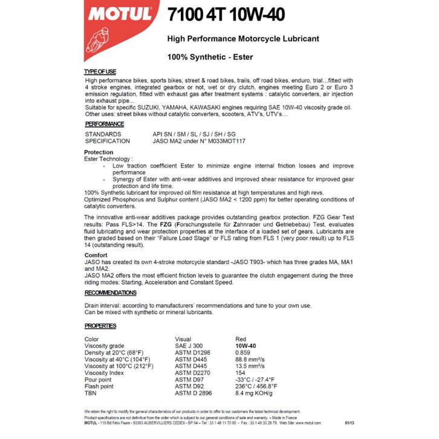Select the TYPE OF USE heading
coord(100,72)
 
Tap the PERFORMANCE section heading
coord(104,124)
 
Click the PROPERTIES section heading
coord(100,326)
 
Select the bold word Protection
coord(99,152)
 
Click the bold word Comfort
coord(96,255)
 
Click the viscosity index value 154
coord(240,372)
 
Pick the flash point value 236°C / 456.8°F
coord(256,386)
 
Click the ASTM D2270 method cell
coord(193,372)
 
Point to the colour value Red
coord(241,339)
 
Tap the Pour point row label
coord(98,379)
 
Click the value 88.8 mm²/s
coord(251,359)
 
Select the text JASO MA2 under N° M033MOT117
coord(199,141)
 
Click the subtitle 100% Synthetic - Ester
coord(210,57)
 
